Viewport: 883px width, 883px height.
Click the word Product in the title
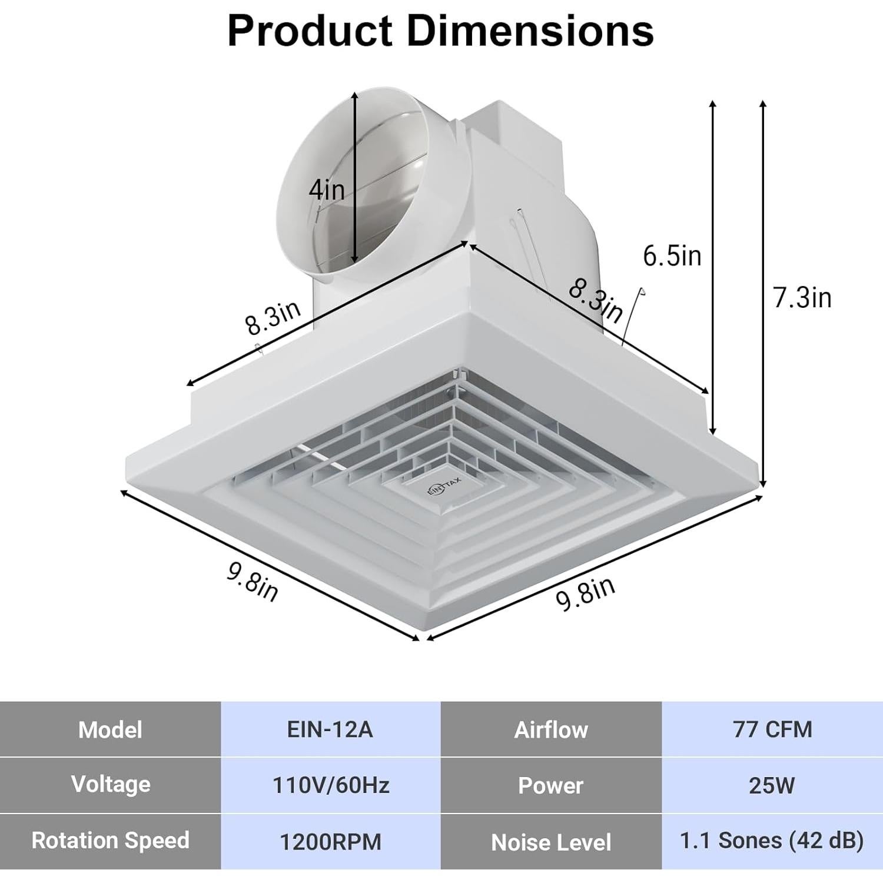[310, 31]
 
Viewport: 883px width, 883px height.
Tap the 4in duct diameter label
[327, 190]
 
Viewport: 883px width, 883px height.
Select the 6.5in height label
[672, 256]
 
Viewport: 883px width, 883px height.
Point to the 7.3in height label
[802, 297]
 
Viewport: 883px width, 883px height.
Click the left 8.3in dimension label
[273, 318]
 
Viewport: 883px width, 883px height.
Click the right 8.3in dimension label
[595, 301]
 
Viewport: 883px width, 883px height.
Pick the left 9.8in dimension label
[253, 582]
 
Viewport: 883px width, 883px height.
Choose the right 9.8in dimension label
[585, 593]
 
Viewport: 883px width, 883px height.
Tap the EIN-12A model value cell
[330, 729]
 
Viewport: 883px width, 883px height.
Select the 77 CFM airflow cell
[772, 729]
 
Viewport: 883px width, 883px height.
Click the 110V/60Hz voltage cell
[330, 785]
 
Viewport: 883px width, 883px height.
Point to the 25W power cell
[772, 785]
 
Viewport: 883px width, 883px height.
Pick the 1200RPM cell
[330, 842]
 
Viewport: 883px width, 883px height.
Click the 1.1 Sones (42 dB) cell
[772, 841]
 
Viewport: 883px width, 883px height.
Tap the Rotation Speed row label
[110, 841]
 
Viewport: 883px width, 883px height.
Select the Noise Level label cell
[551, 842]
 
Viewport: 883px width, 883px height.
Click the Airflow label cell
[551, 729]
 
